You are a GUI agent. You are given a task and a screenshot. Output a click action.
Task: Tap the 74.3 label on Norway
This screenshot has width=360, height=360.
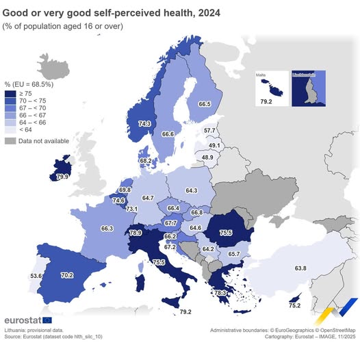144,124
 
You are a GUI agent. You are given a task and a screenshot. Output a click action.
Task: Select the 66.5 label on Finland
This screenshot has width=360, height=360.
204,104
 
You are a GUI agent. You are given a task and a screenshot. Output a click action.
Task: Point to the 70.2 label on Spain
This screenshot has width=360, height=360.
67,257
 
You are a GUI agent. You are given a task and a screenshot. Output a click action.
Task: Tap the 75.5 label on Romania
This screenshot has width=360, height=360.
246,233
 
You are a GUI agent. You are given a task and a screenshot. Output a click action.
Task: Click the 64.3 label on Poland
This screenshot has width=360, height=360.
192,190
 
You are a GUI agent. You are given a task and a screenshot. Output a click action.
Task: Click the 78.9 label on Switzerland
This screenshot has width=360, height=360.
136,233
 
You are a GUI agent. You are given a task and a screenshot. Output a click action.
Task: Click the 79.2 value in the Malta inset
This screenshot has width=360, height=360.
265,102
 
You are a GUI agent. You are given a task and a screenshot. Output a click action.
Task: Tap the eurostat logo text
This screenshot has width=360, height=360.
22,320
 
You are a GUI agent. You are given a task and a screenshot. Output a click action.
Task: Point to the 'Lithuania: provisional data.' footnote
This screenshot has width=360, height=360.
34,330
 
